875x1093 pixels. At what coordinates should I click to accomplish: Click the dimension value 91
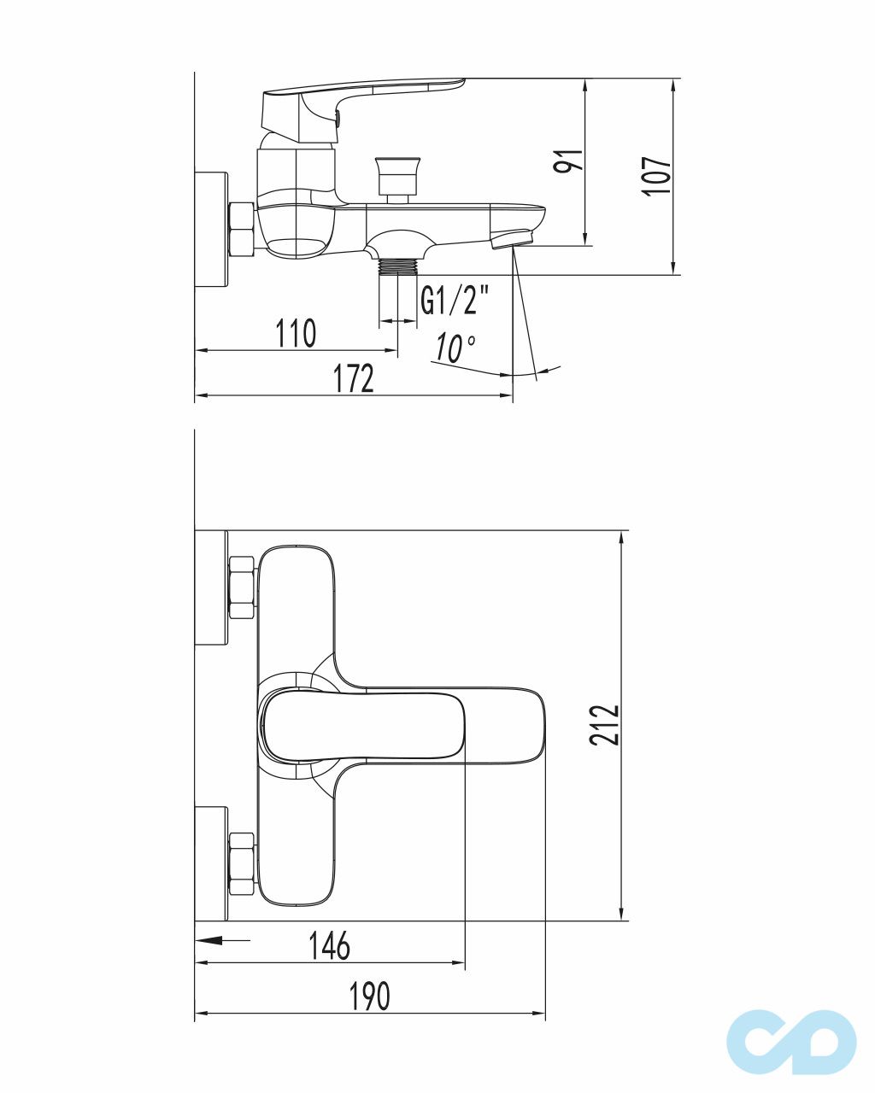568,161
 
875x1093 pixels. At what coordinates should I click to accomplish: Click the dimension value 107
656,175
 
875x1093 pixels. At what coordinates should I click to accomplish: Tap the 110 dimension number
296,333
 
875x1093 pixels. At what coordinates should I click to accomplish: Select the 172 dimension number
354,378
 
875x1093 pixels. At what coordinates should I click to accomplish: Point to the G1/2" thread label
455,301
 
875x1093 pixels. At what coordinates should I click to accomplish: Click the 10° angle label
455,348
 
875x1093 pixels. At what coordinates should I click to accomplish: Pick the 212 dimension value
604,725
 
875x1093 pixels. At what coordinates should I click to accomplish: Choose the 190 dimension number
370,996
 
